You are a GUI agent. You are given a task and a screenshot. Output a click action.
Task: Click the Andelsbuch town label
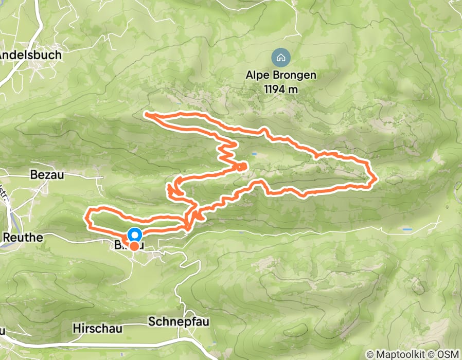[x=30, y=55]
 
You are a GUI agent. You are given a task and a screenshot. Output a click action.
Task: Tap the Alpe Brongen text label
[x=280, y=75]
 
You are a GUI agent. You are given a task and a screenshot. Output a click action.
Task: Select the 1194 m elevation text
[x=280, y=88]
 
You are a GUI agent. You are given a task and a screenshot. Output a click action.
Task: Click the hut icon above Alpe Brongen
[x=280, y=57]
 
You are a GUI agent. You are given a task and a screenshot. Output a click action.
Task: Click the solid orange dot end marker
[x=134, y=246]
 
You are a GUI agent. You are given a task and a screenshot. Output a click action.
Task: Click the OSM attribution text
[x=447, y=354]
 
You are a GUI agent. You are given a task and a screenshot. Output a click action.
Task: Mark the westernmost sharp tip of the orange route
[x=146, y=113]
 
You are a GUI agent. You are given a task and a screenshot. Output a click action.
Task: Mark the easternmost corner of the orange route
[x=378, y=178]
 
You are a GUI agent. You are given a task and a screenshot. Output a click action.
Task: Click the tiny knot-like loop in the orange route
[x=241, y=166]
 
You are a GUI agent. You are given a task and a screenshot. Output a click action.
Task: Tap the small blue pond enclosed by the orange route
[x=254, y=153]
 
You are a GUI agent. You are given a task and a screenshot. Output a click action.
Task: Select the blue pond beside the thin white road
[x=407, y=228]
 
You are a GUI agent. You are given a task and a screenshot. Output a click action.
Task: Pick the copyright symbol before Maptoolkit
[x=369, y=354]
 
